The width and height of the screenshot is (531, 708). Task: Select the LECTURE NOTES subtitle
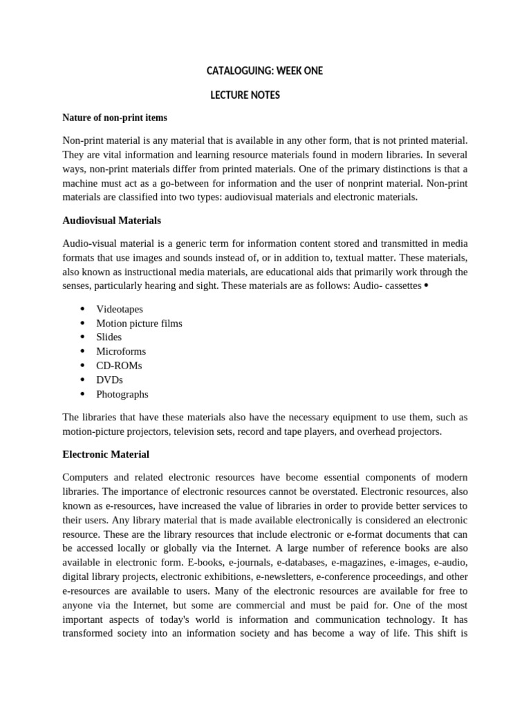point(245,95)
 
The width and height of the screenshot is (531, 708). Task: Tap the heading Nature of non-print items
point(115,118)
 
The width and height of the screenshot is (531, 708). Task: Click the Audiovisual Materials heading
point(111,221)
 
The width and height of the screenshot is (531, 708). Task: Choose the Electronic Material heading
point(106,455)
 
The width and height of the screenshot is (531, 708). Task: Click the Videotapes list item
point(120,309)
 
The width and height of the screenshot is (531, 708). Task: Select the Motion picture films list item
point(139,323)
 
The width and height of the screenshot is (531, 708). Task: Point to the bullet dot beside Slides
point(82,337)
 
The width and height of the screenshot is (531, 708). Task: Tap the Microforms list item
point(121,351)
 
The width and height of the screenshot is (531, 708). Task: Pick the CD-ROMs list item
point(119,366)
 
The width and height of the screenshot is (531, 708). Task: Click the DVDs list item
point(109,380)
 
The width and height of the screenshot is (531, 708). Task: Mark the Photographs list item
point(122,394)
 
